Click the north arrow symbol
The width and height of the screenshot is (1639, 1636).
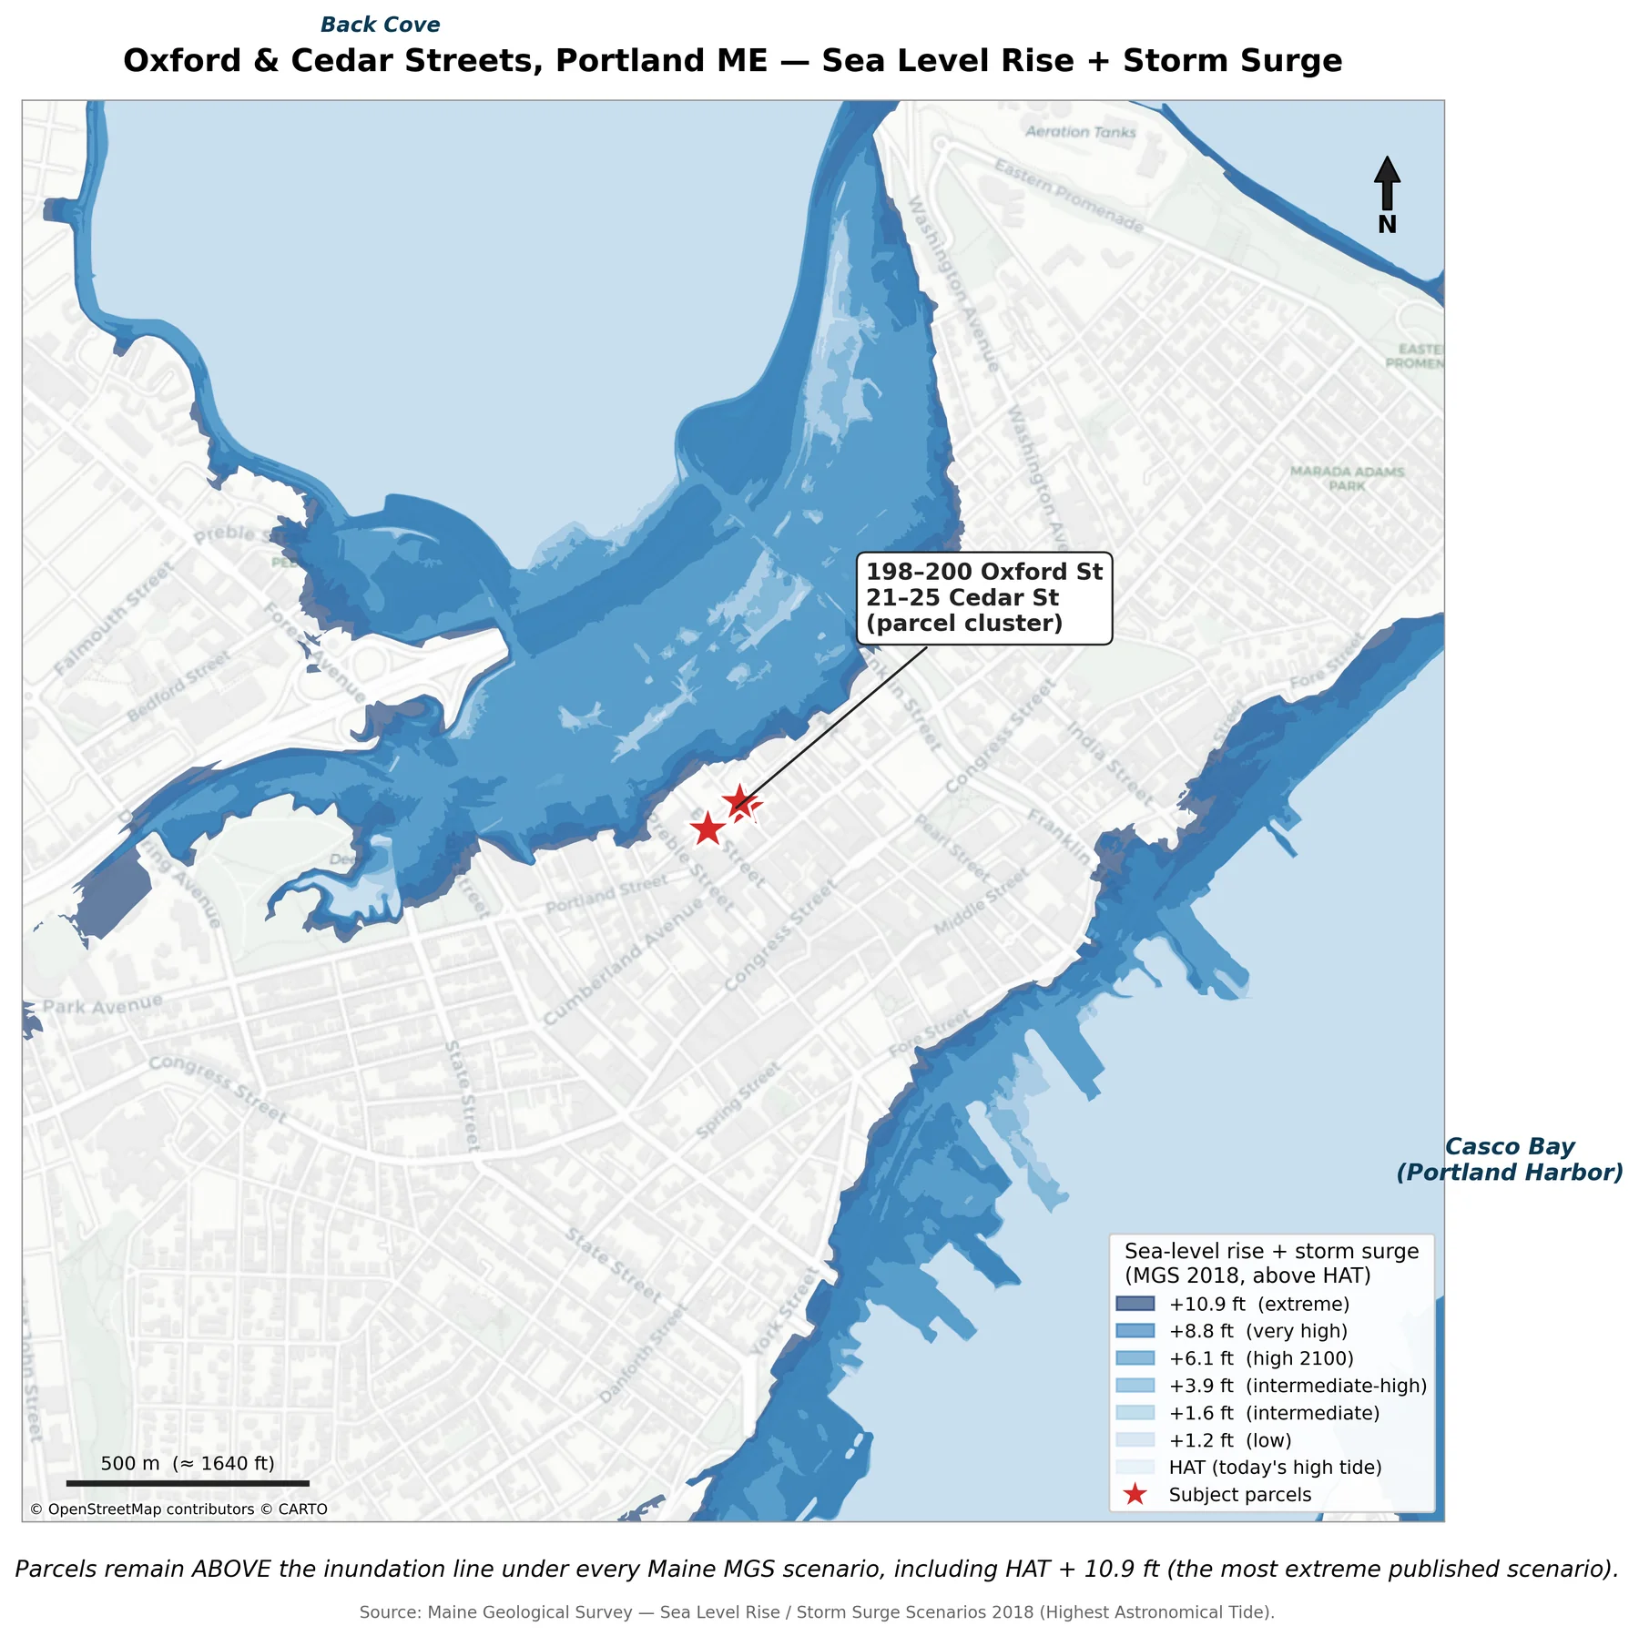coord(1386,183)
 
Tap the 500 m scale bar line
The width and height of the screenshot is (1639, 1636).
coord(188,1483)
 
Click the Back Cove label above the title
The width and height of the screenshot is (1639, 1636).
coord(380,25)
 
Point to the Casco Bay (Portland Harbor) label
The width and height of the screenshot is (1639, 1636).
coord(1509,1159)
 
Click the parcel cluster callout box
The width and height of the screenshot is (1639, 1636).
coord(983,598)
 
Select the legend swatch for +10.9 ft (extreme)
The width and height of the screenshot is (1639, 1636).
coord(1135,1305)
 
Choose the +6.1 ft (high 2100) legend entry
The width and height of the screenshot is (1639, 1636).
coord(1260,1358)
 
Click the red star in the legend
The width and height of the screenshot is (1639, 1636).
coord(1135,1495)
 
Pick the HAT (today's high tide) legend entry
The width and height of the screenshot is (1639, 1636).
coord(1274,1468)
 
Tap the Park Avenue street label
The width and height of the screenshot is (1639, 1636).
coord(103,1004)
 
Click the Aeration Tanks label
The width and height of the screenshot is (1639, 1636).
coord(1080,132)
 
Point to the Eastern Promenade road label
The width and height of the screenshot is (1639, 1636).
coord(1068,195)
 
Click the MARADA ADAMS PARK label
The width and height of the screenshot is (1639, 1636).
coord(1347,478)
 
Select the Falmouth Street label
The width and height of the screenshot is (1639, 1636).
coord(113,618)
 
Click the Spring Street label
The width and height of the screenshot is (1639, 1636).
coord(738,1100)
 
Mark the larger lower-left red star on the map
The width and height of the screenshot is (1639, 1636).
coord(708,829)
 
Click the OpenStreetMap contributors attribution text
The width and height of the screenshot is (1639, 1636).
coord(178,1509)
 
